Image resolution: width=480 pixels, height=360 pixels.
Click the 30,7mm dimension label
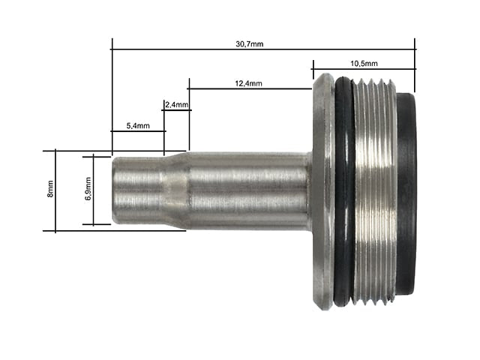[x=250, y=44]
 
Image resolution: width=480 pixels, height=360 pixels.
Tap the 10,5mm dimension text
[x=364, y=64]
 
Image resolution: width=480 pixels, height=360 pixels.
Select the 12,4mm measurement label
[x=248, y=83]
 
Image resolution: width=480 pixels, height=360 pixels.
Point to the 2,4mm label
[x=177, y=105]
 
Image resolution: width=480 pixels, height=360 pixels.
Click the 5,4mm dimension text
[x=138, y=125]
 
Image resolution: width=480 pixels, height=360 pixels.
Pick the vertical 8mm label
[x=50, y=189]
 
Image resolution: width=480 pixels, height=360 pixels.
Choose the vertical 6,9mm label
[x=88, y=188]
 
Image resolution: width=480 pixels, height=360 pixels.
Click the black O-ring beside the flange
[x=344, y=192]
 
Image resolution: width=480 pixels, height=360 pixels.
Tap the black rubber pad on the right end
[x=406, y=193]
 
